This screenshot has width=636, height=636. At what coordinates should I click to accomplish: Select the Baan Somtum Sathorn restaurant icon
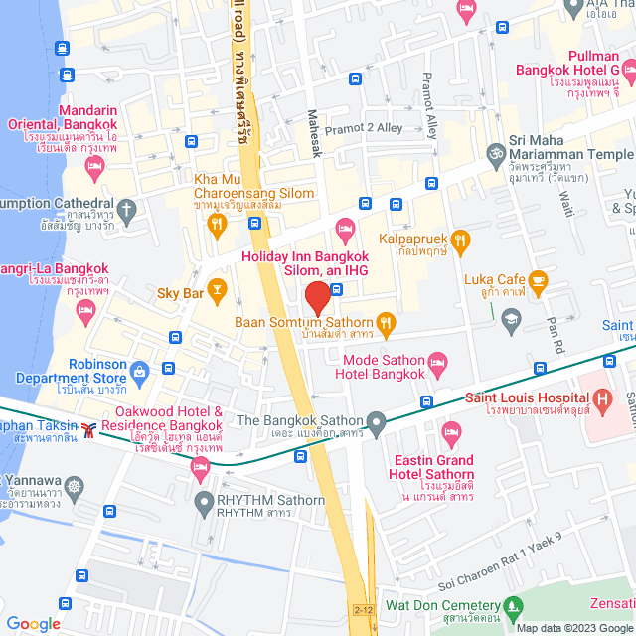point(387,322)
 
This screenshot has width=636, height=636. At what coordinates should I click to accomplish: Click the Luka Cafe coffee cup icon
point(538,280)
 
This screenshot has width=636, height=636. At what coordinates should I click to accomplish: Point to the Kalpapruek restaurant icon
point(459,238)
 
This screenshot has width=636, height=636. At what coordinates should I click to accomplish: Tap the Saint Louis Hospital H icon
point(602,399)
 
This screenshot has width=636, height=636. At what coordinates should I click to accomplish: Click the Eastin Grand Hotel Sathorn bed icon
point(451,430)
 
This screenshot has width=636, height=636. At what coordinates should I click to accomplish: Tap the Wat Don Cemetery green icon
point(513,605)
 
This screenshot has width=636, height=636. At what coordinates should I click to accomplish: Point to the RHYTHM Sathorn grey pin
point(204,501)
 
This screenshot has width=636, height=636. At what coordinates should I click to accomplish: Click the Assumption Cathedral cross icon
point(126,210)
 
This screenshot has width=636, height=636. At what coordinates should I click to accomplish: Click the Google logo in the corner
point(34,623)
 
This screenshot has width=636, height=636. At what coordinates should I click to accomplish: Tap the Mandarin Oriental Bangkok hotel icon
point(94,169)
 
